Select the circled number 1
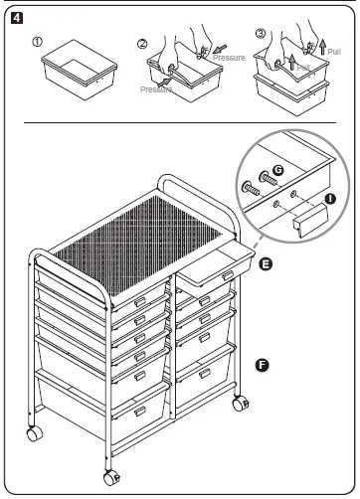tap(39, 43)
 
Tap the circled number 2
tap(141, 43)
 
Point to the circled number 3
tap(261, 33)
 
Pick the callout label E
tap(267, 265)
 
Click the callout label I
tap(329, 199)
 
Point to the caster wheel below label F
tap(239, 405)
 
